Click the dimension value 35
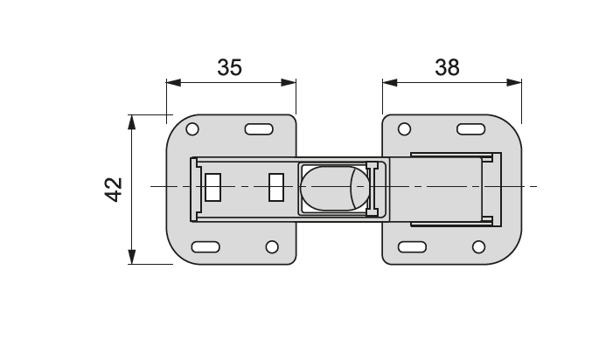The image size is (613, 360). point(230,67)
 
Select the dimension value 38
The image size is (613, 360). point(446,67)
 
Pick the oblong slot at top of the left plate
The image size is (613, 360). point(258,129)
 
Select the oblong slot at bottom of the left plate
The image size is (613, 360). point(205,246)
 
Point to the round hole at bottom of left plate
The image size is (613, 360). point(272,246)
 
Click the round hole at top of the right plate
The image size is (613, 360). point(404,129)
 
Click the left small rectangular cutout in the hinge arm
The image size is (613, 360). point(212,187)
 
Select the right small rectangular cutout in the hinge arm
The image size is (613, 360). point(276,187)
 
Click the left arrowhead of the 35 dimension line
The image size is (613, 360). point(172,83)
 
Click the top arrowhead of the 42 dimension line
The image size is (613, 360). point(131,121)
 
